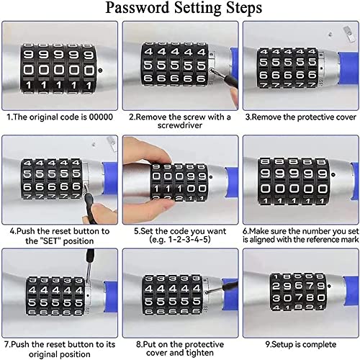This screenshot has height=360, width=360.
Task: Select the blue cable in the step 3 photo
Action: pyautogui.click(x=344, y=61)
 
